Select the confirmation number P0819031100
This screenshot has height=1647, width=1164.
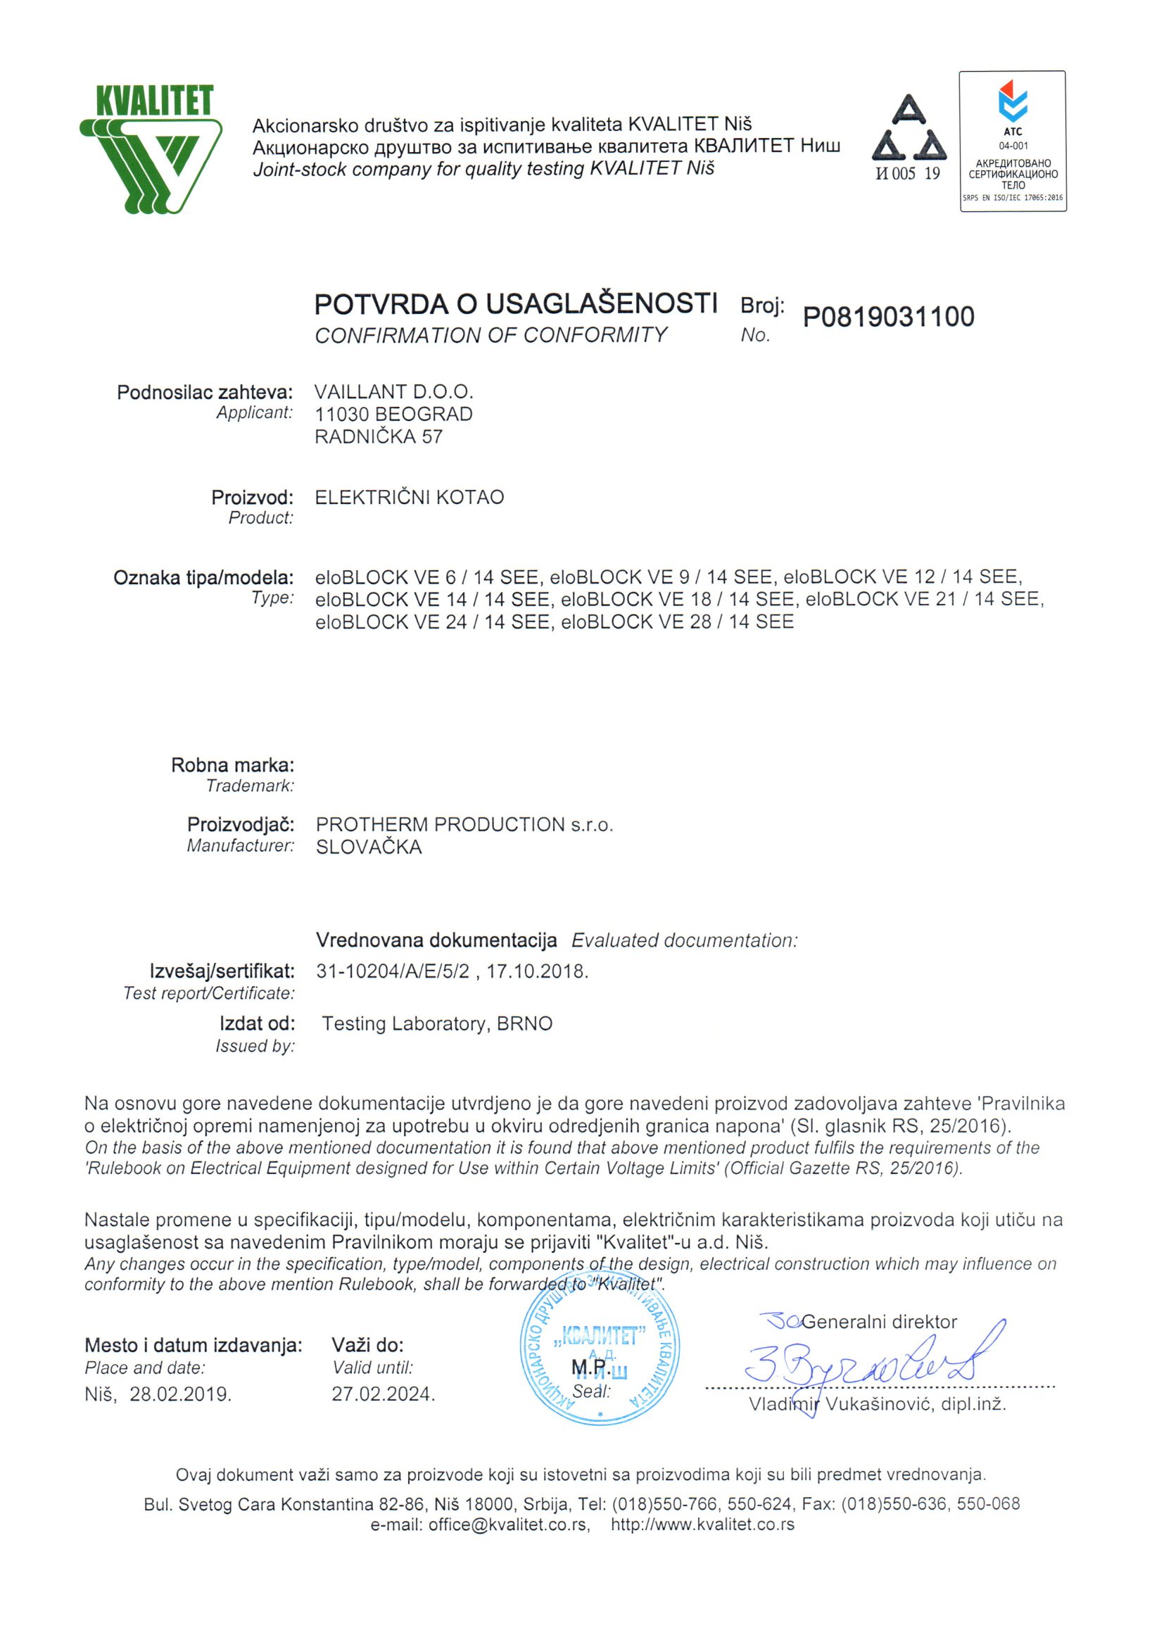coord(888,316)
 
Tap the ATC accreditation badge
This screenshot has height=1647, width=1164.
coord(1013,141)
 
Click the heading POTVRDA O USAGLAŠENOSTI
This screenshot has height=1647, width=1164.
coord(516,304)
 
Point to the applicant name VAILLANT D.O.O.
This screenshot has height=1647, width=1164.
coord(393,391)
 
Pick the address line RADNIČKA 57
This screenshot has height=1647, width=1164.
coord(379,436)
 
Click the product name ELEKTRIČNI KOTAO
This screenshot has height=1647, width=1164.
coord(410,497)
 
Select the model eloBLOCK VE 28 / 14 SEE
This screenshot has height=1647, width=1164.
coord(677,622)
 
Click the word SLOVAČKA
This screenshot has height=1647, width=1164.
coord(369,847)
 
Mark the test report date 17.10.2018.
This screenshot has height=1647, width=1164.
coord(537,971)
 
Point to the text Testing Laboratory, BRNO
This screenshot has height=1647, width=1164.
coord(437,1023)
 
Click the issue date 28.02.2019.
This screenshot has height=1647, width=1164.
coord(180,1394)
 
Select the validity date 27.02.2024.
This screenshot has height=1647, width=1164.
coord(383,1394)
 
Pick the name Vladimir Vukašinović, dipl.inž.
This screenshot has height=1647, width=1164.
coord(877,1404)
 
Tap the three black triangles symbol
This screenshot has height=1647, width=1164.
coord(909,129)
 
